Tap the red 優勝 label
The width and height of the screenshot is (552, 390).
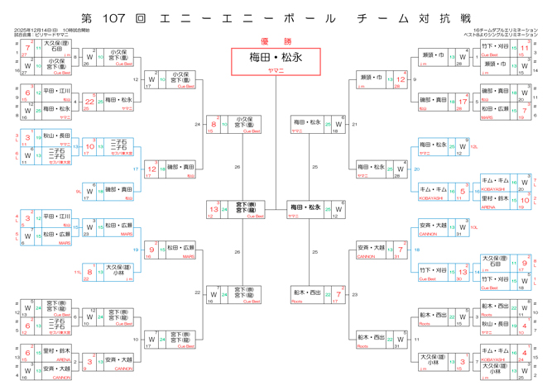(x=276, y=40)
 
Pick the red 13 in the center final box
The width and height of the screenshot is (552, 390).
(x=214, y=209)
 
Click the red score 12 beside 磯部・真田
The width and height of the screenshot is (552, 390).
(x=151, y=168)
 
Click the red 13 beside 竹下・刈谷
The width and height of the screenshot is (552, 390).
(x=463, y=271)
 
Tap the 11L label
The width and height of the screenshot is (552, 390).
(x=77, y=270)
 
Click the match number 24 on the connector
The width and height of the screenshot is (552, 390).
(x=198, y=124)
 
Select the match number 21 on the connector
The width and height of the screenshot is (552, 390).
(x=354, y=124)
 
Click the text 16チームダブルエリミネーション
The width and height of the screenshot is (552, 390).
(x=504, y=31)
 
